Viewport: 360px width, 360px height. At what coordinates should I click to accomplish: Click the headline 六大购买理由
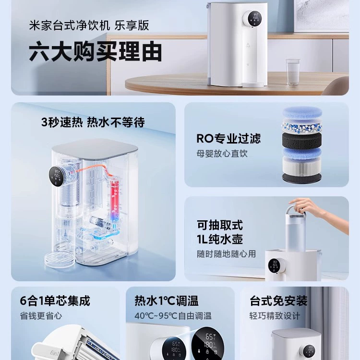tap(96, 52)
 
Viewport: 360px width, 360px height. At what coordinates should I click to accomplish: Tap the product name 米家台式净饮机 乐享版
tap(89, 25)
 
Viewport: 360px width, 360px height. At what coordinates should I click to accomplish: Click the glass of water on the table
tap(293, 72)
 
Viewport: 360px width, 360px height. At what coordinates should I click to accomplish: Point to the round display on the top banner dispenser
tap(254, 18)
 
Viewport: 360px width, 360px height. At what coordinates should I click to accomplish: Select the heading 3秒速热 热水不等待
tap(93, 122)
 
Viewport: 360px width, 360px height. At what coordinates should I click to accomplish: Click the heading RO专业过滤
tap(228, 138)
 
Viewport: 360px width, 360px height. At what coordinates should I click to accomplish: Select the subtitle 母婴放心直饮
tap(222, 154)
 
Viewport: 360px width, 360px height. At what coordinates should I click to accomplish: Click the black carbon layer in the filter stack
tap(302, 141)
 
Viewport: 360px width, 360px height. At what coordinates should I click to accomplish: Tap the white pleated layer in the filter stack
tap(302, 165)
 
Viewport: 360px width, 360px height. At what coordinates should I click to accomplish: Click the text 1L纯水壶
tap(220, 239)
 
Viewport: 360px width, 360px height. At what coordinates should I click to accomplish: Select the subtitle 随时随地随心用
tap(227, 254)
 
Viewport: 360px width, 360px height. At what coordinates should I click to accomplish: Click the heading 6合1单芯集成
tap(55, 301)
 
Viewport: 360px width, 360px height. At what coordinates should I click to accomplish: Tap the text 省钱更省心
tap(41, 316)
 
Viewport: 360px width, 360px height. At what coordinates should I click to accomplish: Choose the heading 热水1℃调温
tap(167, 301)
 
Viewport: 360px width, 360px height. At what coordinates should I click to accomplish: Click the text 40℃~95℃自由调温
tap(173, 316)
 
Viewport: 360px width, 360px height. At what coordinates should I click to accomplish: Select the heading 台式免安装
tap(279, 301)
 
